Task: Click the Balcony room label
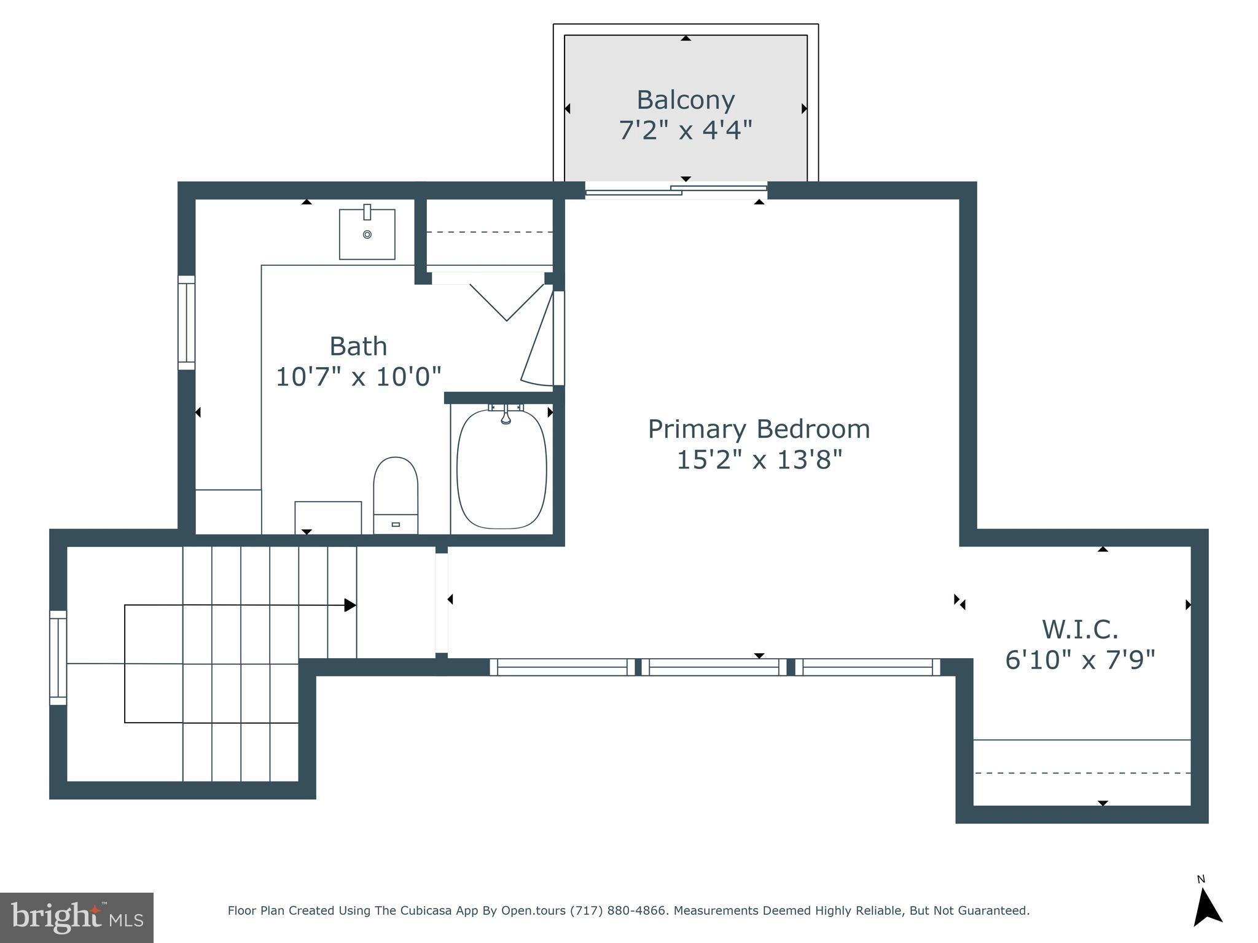[x=686, y=100]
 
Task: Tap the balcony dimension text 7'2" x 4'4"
[x=686, y=130]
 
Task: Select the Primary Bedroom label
[x=759, y=429]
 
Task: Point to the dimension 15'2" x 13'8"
[x=759, y=459]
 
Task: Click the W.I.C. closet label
[x=1080, y=629]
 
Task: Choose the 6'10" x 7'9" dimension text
[x=1080, y=660]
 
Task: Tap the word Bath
[x=358, y=346]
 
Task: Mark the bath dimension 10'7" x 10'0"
[x=358, y=376]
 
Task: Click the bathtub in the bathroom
[x=502, y=468]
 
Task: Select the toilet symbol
[x=396, y=495]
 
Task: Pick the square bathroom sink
[x=367, y=234]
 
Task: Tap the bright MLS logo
[x=77, y=918]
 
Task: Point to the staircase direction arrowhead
[x=350, y=605]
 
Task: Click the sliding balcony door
[x=676, y=190]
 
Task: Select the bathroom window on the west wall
[x=187, y=323]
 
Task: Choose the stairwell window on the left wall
[x=58, y=658]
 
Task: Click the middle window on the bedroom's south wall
[x=714, y=667]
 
